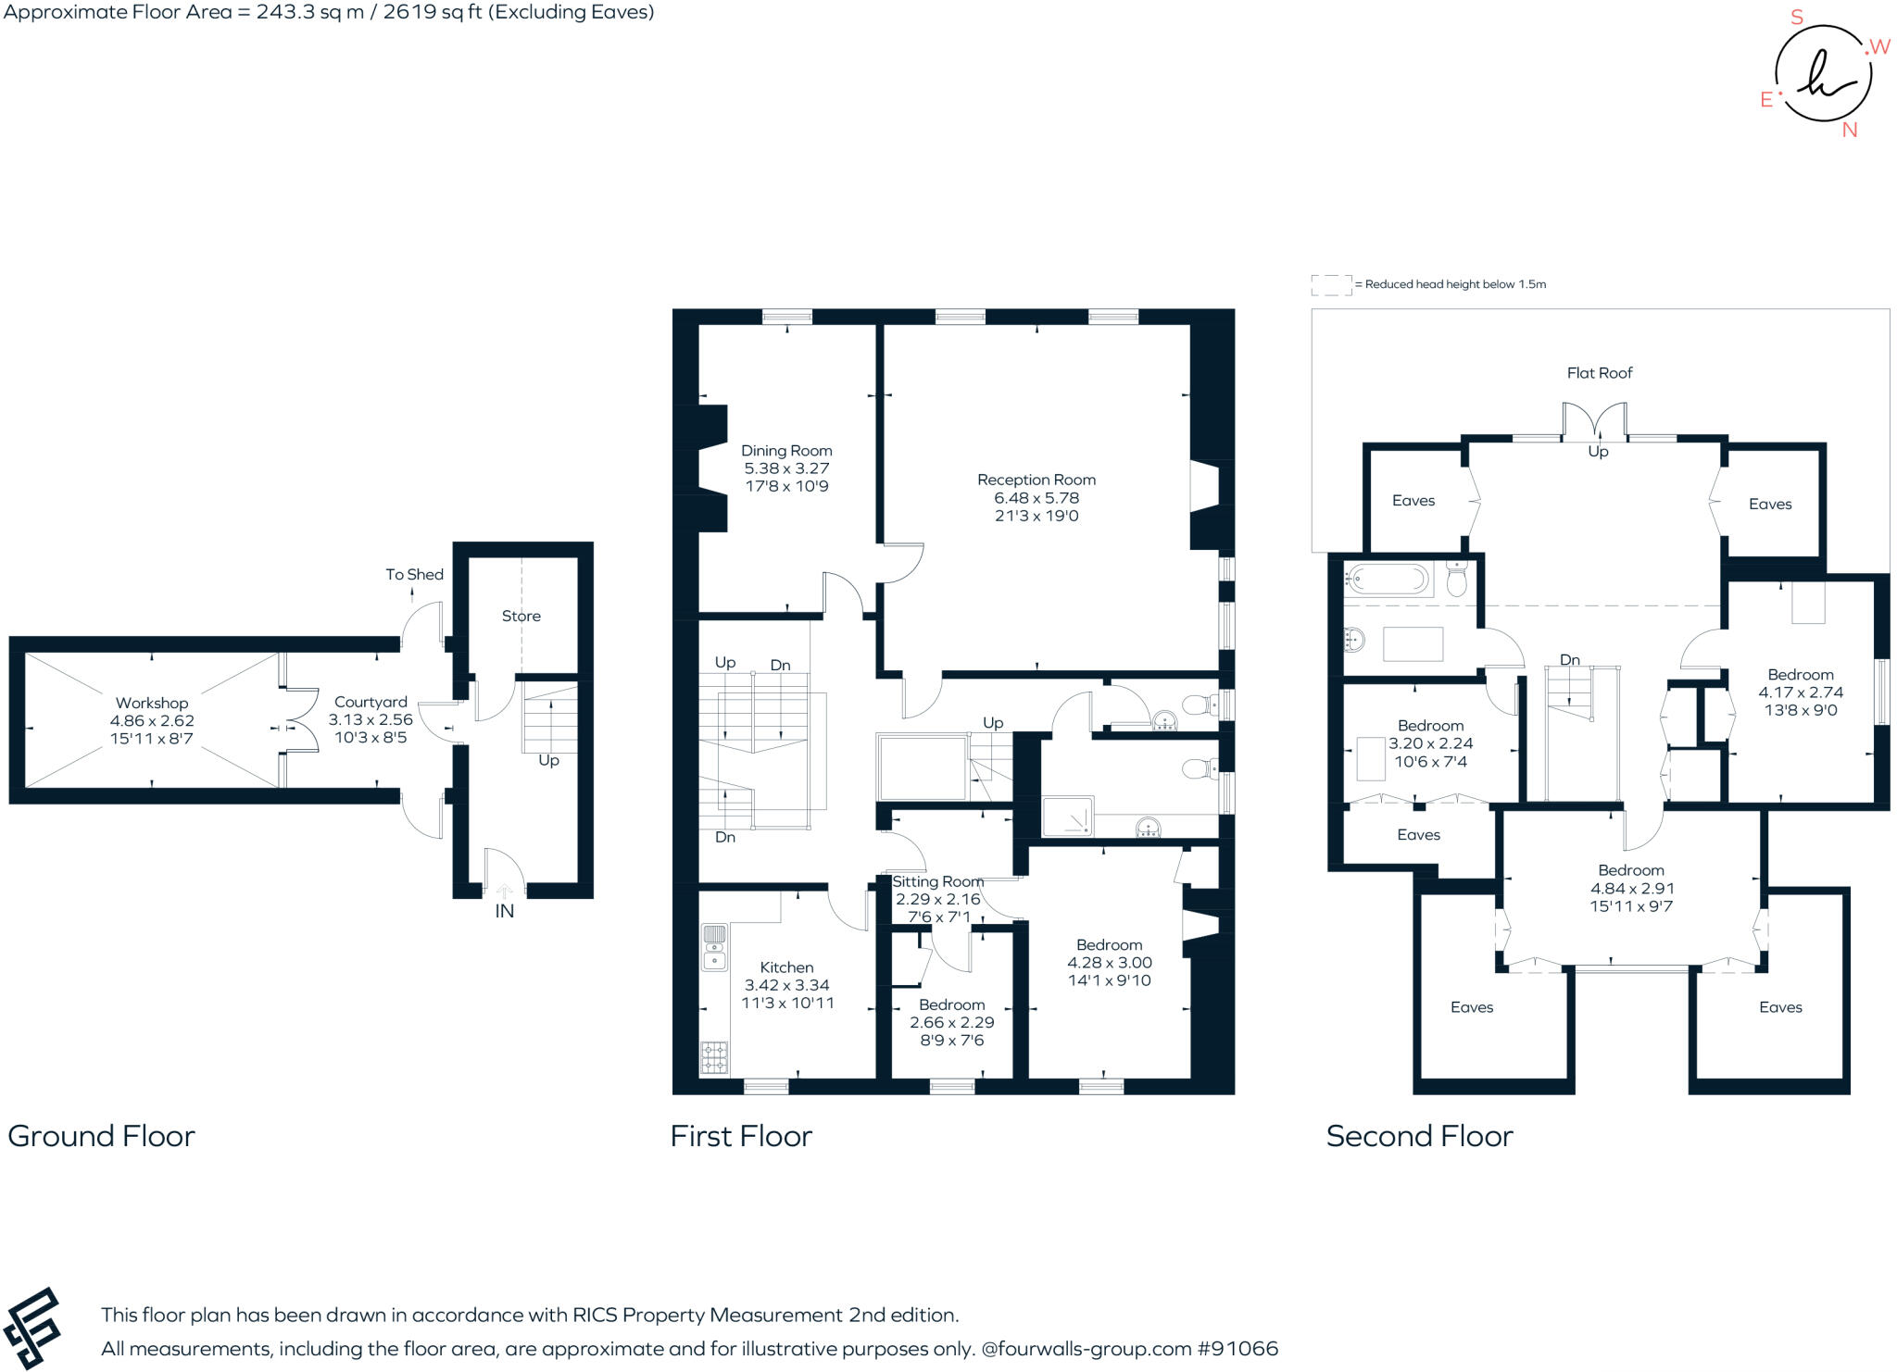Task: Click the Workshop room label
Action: tap(152, 704)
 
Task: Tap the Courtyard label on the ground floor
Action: tap(371, 703)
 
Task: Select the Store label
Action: tap(521, 616)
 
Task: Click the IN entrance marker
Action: tap(504, 911)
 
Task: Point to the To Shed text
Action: tap(415, 575)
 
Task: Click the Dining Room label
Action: tap(786, 451)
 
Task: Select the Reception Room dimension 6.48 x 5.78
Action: tap(1036, 498)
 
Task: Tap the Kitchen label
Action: tap(786, 967)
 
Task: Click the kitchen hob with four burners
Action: tap(714, 1057)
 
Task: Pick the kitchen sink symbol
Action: tap(714, 947)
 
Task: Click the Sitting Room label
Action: tap(937, 882)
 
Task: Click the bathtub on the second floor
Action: tap(1388, 580)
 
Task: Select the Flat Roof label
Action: tap(1600, 373)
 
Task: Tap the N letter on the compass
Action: tap(1850, 131)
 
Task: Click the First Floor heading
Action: tap(741, 1136)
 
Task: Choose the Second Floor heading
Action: tap(1419, 1136)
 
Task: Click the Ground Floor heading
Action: tap(102, 1136)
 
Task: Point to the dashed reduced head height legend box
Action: tap(1331, 285)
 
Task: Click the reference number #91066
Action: tap(1238, 1349)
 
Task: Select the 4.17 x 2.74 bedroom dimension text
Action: tap(1801, 692)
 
